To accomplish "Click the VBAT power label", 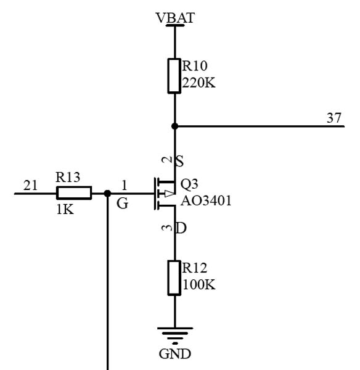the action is (x=175, y=18).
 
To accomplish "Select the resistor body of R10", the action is (x=174, y=76).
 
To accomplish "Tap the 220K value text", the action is (x=198, y=83).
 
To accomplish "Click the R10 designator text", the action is (x=195, y=66).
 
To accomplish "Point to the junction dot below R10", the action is (x=174, y=126).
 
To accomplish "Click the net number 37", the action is (x=334, y=118).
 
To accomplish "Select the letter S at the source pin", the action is (x=179, y=162).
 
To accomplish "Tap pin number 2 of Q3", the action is (x=167, y=160).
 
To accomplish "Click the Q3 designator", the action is (x=189, y=184).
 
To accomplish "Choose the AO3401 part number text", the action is (x=206, y=201).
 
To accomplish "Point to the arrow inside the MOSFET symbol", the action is (x=170, y=194).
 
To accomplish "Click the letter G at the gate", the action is (x=123, y=203).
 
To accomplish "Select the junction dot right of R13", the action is (x=107, y=194).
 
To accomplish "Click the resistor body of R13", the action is (x=74, y=193).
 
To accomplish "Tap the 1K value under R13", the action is (x=65, y=209).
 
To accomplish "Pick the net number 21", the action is (x=30, y=185).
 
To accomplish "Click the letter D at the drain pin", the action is (x=181, y=228).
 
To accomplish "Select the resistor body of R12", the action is (x=174, y=278).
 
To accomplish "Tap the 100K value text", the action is (x=198, y=284).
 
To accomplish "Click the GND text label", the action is (x=175, y=354).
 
